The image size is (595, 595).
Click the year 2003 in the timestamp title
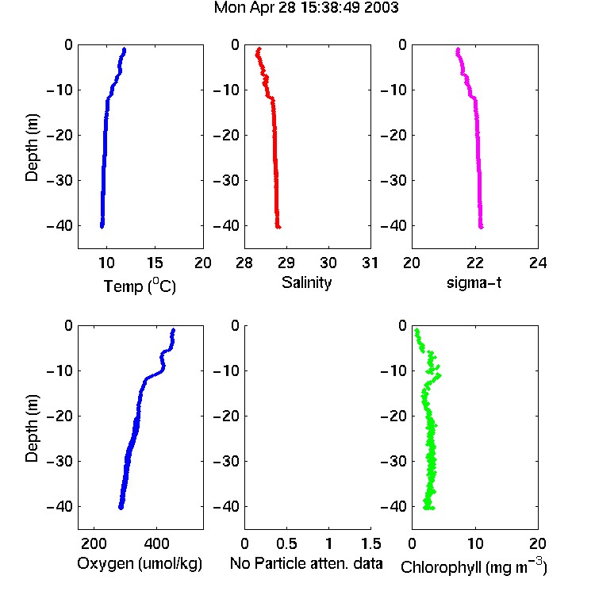click(381, 8)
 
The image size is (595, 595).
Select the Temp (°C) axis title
click(140, 286)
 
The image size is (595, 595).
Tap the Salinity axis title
click(306, 282)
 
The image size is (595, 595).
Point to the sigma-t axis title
click(474, 282)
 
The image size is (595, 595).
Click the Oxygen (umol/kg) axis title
click(140, 563)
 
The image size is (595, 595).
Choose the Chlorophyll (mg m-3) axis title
click(474, 566)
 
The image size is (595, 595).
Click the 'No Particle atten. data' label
click(306, 563)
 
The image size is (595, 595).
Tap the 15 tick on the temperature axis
click(155, 263)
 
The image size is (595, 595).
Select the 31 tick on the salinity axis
click(370, 263)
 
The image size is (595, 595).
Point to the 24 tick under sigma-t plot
click(538, 263)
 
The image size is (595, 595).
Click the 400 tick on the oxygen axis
click(157, 543)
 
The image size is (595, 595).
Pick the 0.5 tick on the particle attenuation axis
click(286, 543)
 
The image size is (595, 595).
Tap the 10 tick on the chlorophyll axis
click(475, 543)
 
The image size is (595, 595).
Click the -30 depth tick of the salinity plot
click(226, 180)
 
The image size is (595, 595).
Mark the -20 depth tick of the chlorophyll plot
click(393, 416)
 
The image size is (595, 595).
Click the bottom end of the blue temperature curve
click(102, 227)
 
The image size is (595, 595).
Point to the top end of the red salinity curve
click(259, 48)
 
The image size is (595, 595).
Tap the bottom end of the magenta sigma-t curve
click(482, 227)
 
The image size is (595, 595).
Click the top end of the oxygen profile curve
click(174, 330)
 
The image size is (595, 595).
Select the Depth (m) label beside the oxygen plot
click(32, 428)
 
